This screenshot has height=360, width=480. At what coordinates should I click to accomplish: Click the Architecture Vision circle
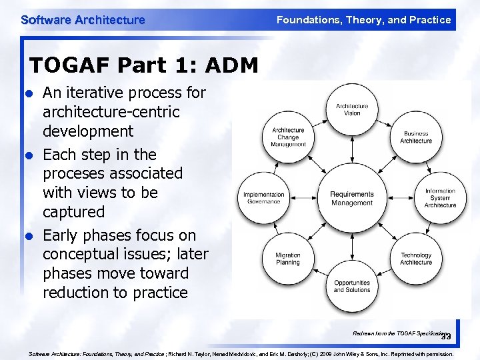(x=352, y=109)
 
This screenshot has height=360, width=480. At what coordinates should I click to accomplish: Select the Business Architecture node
(x=416, y=137)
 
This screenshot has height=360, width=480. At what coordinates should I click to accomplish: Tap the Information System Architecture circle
(x=440, y=198)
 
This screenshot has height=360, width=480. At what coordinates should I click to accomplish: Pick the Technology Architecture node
(x=416, y=259)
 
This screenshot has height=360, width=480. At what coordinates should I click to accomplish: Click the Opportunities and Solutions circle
(x=352, y=286)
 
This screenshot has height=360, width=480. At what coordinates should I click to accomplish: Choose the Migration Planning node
(x=288, y=259)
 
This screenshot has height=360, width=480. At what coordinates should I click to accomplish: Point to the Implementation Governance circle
(x=264, y=198)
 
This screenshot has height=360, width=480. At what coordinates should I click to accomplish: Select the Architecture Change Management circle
(x=288, y=137)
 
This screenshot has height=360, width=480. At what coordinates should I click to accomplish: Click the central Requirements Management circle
(x=352, y=198)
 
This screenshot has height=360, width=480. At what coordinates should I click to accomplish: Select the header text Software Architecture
(x=83, y=20)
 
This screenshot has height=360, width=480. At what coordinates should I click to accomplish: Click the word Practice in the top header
(x=431, y=20)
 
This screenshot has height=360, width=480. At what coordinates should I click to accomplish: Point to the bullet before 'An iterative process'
(x=28, y=93)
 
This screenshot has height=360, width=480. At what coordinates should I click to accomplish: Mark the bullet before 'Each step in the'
(x=28, y=155)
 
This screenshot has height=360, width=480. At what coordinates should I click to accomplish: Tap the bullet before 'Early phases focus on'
(x=28, y=236)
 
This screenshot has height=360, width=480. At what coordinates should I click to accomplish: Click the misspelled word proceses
(x=74, y=173)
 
